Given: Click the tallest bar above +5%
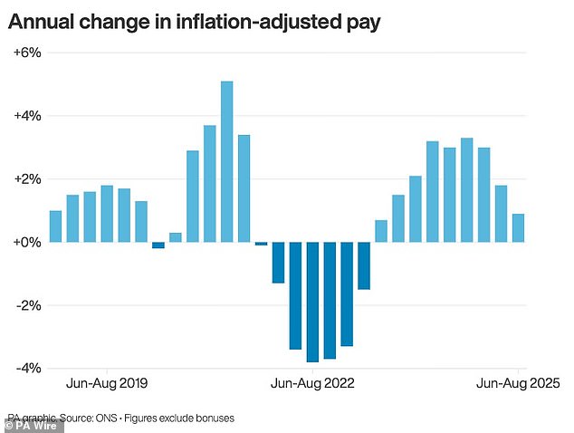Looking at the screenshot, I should [x=226, y=161].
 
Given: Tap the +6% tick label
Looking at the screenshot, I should [x=27, y=53].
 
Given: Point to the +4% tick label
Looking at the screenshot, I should [x=27, y=116].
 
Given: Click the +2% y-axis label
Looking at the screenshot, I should [x=27, y=179].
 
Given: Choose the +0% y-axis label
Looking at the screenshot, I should [x=27, y=243].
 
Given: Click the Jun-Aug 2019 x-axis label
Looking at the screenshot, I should [x=106, y=384].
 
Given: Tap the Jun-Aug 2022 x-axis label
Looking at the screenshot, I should [x=312, y=384].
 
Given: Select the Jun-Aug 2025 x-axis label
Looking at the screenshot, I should [x=517, y=384].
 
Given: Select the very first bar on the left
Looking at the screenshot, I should [x=55, y=226].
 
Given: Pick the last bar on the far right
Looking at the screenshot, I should [x=518, y=228].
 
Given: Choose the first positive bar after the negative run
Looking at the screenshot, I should [x=381, y=231].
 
